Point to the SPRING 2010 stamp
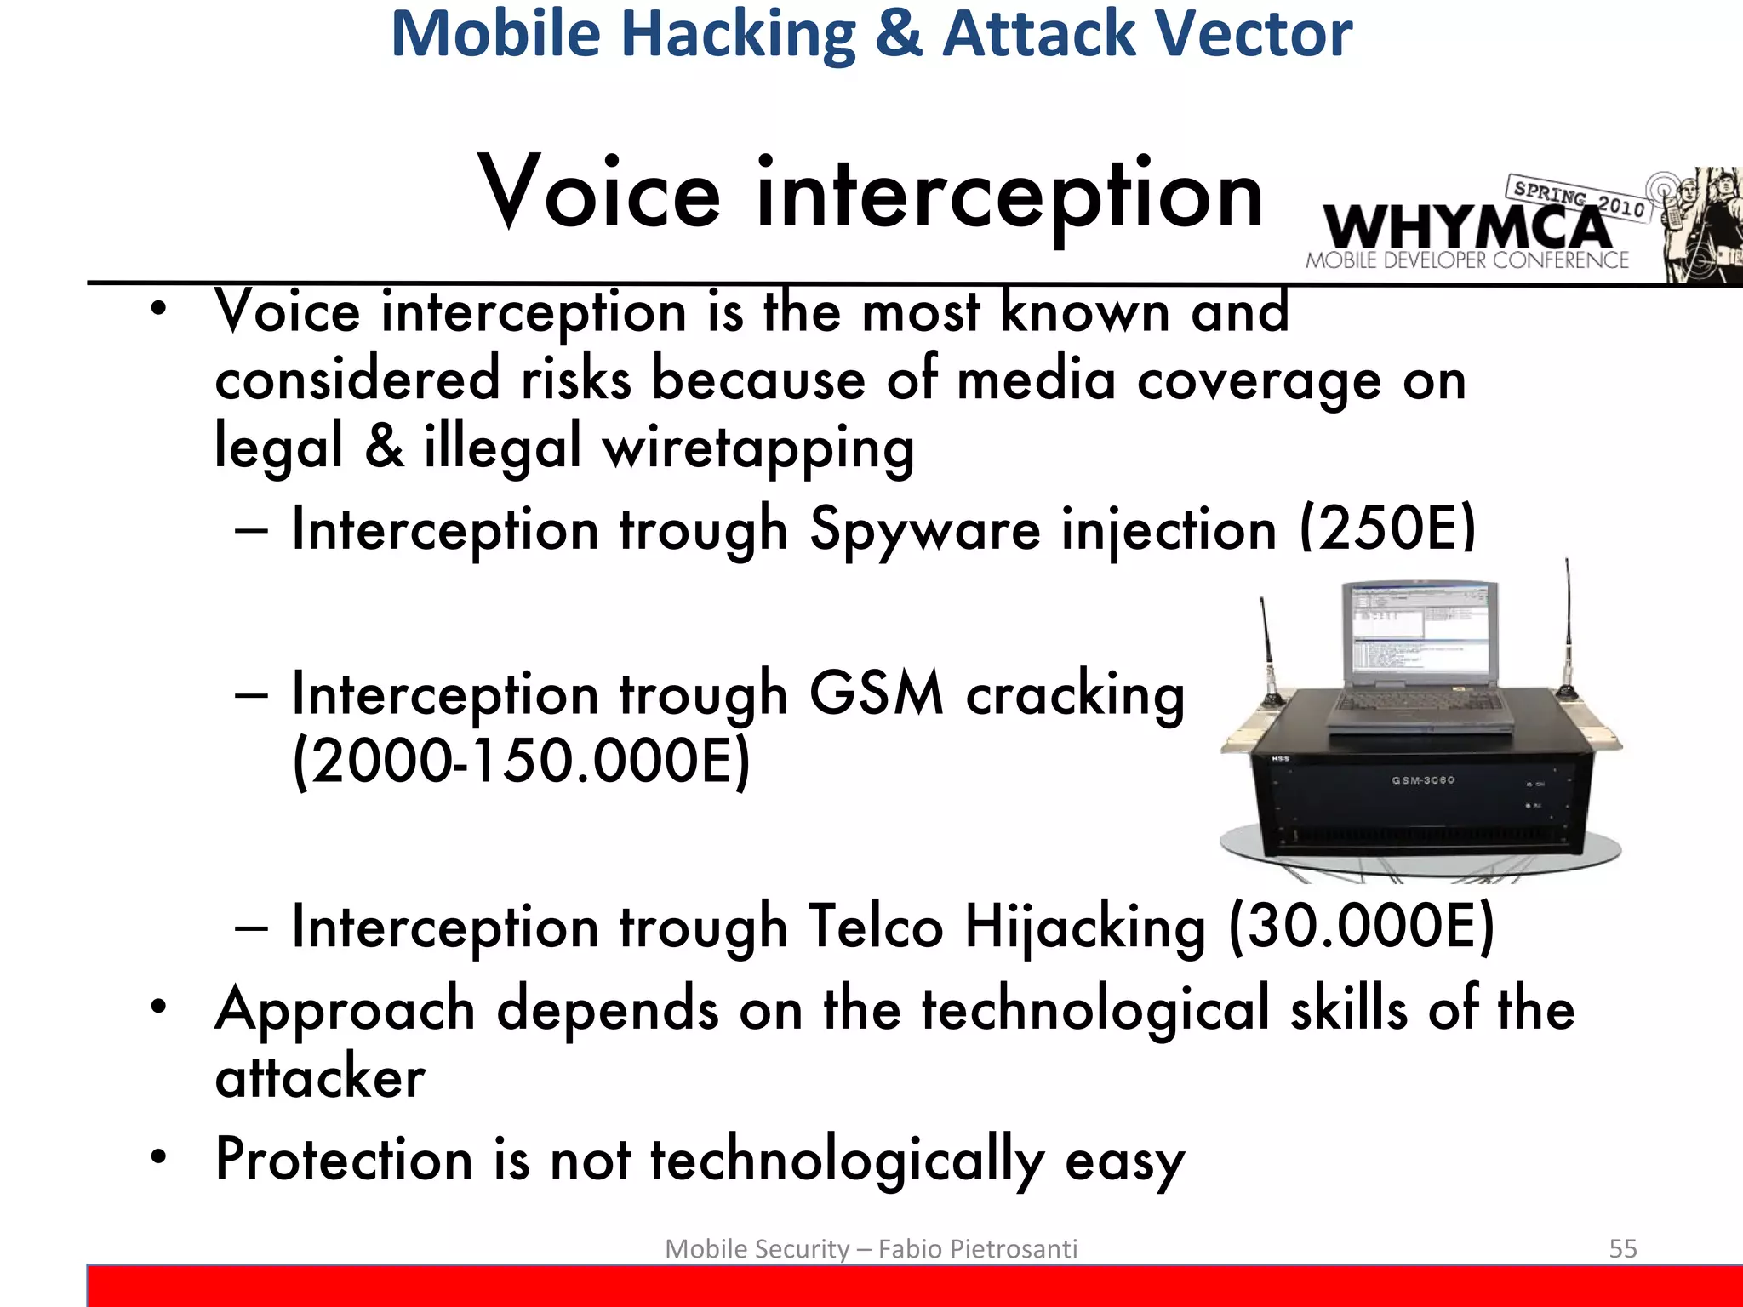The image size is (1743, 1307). tap(1579, 197)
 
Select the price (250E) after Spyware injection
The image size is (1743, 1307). tap(1387, 529)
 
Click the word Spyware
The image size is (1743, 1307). tap(924, 529)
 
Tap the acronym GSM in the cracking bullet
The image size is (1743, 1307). tap(877, 693)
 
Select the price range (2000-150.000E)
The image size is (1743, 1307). tap(521, 761)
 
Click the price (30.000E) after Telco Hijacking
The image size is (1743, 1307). tap(1362, 926)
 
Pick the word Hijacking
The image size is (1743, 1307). tap(1085, 926)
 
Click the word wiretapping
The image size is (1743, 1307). tap(757, 448)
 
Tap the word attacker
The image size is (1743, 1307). tap(320, 1077)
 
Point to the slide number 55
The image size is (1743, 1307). tap(1622, 1248)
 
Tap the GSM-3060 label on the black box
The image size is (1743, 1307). tap(1423, 779)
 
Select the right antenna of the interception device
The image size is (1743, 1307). tap(1567, 630)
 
